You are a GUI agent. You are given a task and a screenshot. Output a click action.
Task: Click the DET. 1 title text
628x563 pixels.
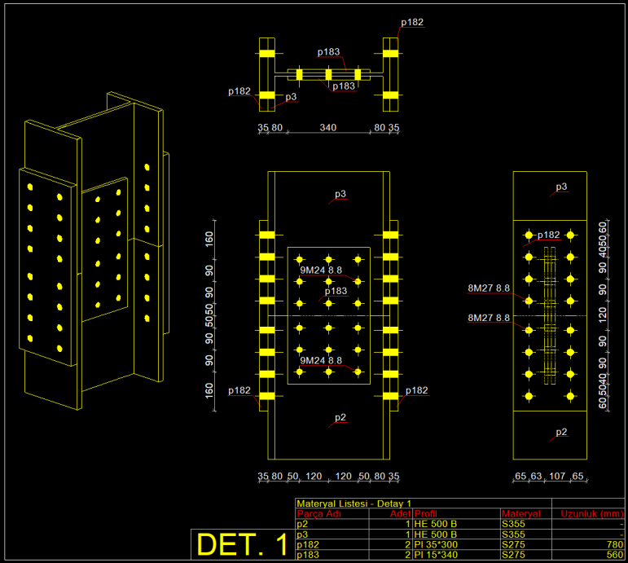(x=242, y=544)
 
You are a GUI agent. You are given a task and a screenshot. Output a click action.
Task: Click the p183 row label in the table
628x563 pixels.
(x=308, y=555)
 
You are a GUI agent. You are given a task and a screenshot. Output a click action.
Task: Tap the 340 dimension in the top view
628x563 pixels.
(x=327, y=128)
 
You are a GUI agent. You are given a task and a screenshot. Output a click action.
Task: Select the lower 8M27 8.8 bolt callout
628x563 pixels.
(x=489, y=318)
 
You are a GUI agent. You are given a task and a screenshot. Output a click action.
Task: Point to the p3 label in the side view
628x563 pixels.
(x=561, y=187)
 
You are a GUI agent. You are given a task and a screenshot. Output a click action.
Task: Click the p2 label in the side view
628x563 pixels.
(x=561, y=431)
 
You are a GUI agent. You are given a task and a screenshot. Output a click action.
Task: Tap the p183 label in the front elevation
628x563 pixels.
(x=336, y=291)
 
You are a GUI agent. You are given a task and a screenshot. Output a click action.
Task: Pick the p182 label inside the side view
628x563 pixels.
(x=548, y=235)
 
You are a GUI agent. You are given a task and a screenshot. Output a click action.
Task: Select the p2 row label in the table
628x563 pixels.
(x=302, y=524)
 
